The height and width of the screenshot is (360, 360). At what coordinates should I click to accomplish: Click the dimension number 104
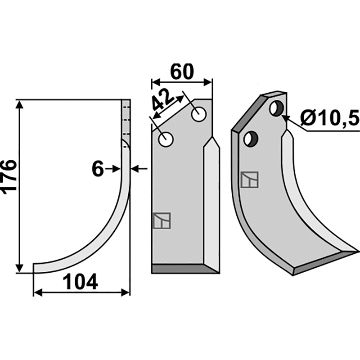[x=81, y=282]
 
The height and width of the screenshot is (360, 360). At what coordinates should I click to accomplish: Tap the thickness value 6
[x=98, y=169]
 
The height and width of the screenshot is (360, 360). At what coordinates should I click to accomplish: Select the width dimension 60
[x=182, y=72]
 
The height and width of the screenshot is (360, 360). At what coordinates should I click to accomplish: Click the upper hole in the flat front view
[x=199, y=114]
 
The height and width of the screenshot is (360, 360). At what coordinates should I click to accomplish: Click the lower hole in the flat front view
[x=166, y=139]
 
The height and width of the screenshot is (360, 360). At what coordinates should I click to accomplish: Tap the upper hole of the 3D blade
[x=277, y=108]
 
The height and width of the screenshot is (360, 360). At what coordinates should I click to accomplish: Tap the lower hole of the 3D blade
[x=251, y=139]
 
